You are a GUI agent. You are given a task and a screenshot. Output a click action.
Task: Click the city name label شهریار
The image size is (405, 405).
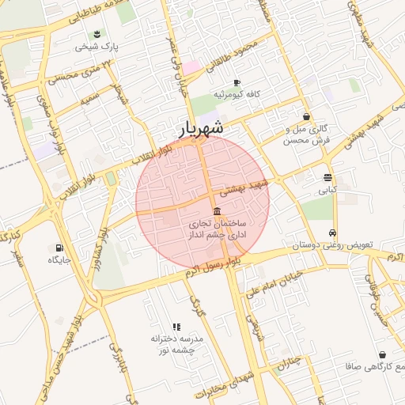click(x=201, y=127)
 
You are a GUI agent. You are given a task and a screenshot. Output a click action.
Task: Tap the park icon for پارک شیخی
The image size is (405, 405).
click(x=97, y=34)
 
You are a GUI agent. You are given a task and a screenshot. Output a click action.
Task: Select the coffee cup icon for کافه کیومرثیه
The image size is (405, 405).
click(x=237, y=82)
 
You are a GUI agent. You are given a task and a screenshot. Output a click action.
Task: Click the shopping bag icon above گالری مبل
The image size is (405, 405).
click(x=306, y=116)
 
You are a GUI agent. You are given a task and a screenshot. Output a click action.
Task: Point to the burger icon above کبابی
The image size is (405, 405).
click(x=327, y=177)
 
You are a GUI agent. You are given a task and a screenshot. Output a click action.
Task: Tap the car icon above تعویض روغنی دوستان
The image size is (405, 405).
click(x=334, y=233)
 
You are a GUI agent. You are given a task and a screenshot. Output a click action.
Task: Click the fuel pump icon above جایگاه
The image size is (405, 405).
click(x=59, y=248)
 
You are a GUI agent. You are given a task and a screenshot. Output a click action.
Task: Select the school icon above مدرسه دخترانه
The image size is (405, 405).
click(x=176, y=326)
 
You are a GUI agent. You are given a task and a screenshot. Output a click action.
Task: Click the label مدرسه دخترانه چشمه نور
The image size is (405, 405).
click(x=177, y=343)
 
